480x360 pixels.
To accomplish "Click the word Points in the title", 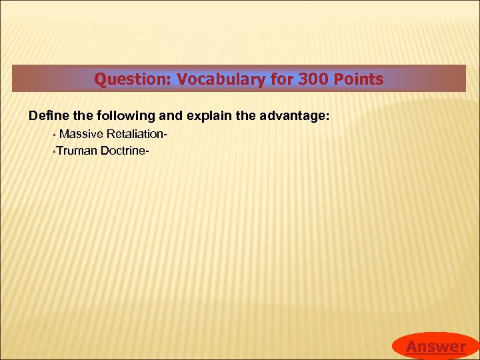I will [356, 80].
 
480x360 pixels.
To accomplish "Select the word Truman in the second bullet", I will [77, 151].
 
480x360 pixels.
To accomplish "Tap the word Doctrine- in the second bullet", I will [125, 151].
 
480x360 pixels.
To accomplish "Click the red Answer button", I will [435, 346].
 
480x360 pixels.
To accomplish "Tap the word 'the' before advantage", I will [246, 116].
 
